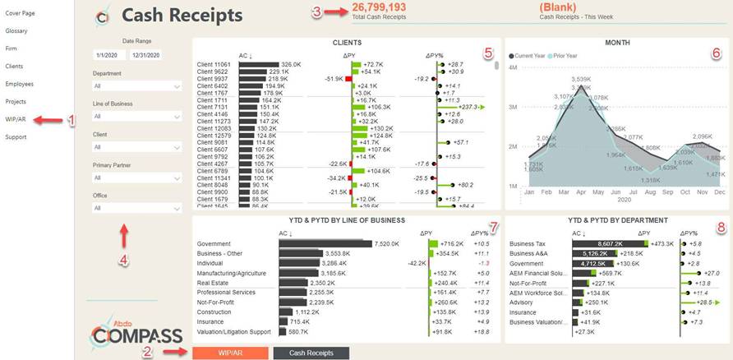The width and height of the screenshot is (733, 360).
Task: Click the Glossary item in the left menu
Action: [x=16, y=30]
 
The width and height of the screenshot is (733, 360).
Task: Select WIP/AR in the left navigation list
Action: [x=16, y=119]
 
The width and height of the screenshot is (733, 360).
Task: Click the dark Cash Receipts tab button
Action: [x=311, y=353]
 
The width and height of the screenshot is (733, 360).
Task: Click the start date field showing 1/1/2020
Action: [x=108, y=55]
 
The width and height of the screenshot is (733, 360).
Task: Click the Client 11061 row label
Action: [x=214, y=63]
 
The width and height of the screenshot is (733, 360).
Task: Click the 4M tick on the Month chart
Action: [x=512, y=67]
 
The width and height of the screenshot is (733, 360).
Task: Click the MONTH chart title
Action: [x=618, y=41]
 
